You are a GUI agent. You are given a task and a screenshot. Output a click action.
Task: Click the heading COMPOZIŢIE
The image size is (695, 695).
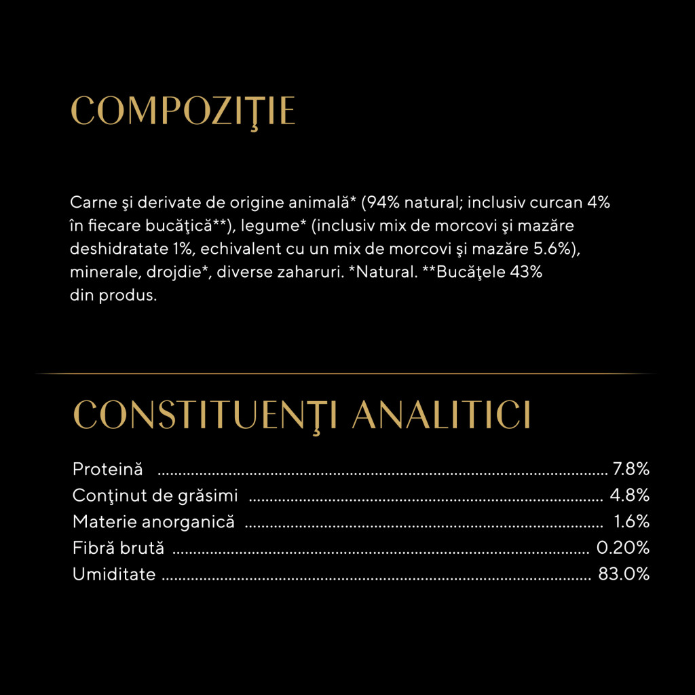point(183,111)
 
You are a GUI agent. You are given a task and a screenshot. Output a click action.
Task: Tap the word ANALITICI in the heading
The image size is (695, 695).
point(441,415)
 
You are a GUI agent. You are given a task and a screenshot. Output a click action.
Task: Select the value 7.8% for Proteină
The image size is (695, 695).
point(631,469)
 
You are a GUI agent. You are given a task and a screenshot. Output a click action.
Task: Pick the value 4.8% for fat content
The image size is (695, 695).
point(630,495)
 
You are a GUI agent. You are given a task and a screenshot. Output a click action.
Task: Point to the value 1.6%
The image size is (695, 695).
point(632,522)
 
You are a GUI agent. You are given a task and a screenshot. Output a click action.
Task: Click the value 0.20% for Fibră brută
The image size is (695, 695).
point(623,548)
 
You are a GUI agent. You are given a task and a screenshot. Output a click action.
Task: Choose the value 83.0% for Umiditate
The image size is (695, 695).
point(624,574)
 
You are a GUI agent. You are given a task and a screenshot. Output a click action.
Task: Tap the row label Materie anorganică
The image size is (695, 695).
point(153,522)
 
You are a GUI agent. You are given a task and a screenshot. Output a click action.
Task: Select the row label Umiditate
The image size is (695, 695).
point(114,574)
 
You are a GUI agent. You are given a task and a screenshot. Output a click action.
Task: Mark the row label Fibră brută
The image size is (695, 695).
point(118,548)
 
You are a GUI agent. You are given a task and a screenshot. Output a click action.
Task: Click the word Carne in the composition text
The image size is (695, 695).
point(89,203)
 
